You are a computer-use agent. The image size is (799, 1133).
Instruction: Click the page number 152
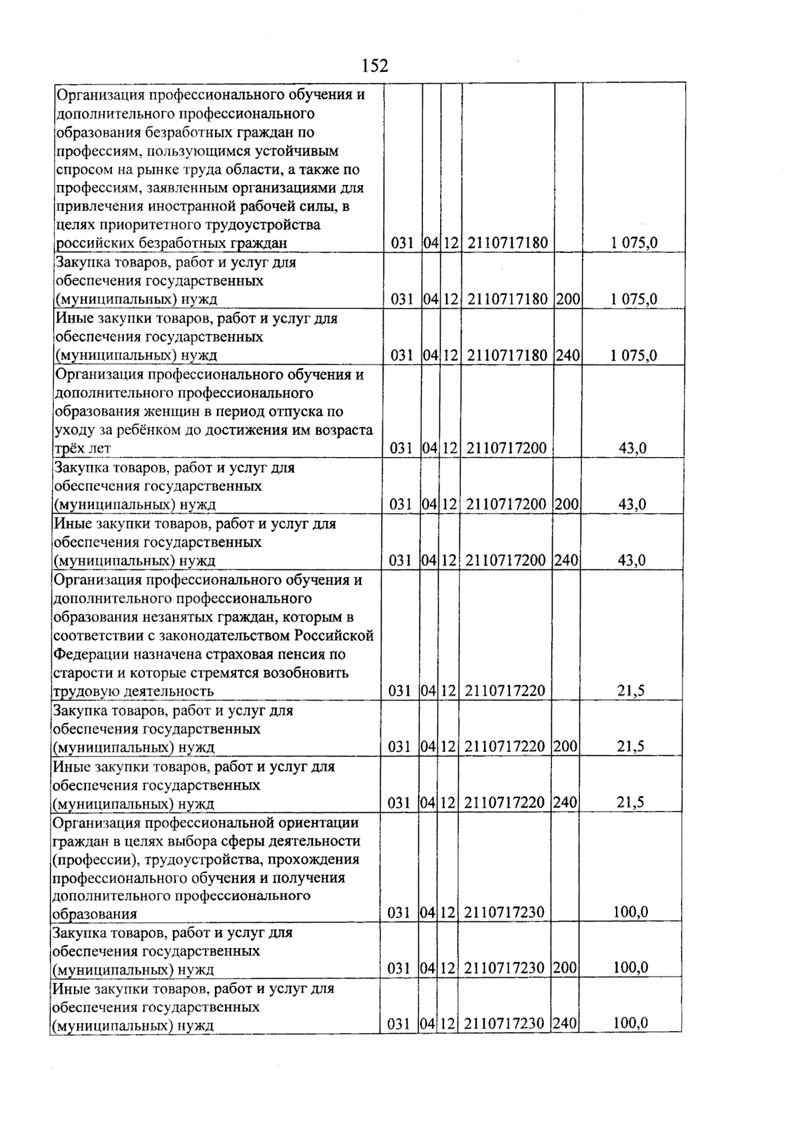374,66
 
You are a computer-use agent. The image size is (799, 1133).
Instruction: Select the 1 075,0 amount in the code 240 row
633,355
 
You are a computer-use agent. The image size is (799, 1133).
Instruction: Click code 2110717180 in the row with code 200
507,299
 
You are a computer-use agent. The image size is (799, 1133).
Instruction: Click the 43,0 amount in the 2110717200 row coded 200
632,505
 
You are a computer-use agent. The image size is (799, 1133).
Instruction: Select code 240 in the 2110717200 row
566,561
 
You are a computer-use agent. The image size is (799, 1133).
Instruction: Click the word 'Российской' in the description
334,635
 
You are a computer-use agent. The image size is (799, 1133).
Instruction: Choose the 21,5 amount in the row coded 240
630,803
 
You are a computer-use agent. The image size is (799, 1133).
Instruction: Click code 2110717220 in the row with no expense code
505,691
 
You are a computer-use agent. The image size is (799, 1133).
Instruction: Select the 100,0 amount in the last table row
630,1024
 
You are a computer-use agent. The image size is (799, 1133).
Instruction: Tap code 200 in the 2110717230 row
565,969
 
